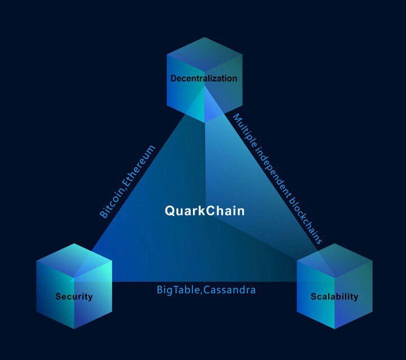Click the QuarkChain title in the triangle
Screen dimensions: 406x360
tap(205, 210)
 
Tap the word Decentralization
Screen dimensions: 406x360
tap(204, 78)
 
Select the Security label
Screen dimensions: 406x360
tap(74, 296)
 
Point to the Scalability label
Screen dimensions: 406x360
tap(334, 296)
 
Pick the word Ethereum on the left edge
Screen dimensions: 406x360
tap(139, 165)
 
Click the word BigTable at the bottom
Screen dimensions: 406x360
tap(178, 289)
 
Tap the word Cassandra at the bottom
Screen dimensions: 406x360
tap(229, 289)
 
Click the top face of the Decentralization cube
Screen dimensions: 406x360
tap(205, 54)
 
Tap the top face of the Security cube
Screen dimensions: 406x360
tap(74, 261)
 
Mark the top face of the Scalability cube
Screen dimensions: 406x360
tap(334, 261)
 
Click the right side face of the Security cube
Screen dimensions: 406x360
tap(93, 295)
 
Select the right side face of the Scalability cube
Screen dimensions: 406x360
tap(354, 295)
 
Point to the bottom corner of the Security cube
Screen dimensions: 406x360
tap(74, 329)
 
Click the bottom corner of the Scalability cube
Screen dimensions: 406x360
tap(334, 329)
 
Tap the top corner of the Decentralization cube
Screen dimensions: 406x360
tap(205, 37)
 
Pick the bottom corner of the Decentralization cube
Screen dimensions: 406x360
tap(205, 122)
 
